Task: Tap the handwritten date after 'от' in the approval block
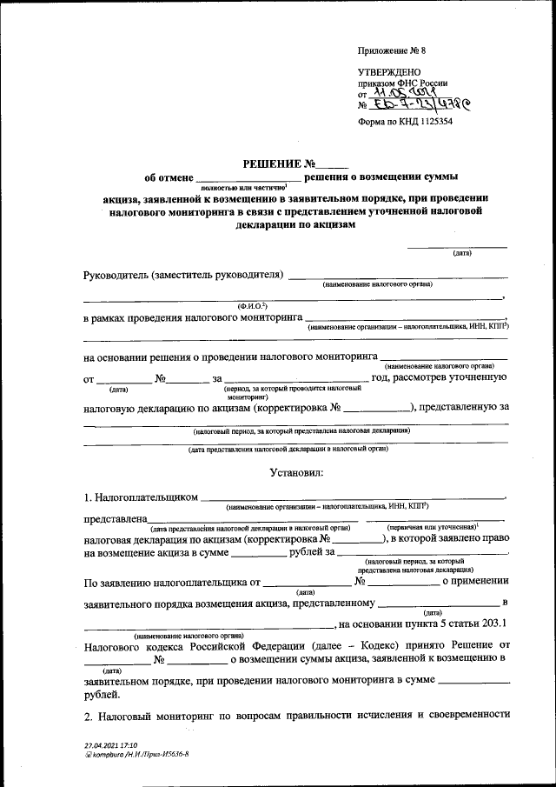[407, 93]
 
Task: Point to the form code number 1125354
[427, 123]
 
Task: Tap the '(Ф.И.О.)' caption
[251, 306]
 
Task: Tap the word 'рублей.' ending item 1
[103, 695]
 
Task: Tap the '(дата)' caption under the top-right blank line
[461, 253]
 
